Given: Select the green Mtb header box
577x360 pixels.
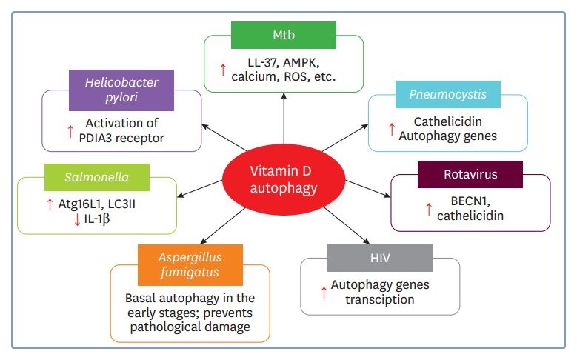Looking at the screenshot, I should (x=283, y=35).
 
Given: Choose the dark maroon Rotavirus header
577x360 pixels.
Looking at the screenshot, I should (x=470, y=174).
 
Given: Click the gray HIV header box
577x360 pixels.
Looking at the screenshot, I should (x=379, y=258).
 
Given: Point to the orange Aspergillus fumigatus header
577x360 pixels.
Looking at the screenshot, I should (x=190, y=264).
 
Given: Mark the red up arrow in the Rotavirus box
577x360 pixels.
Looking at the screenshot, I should (x=429, y=209).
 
